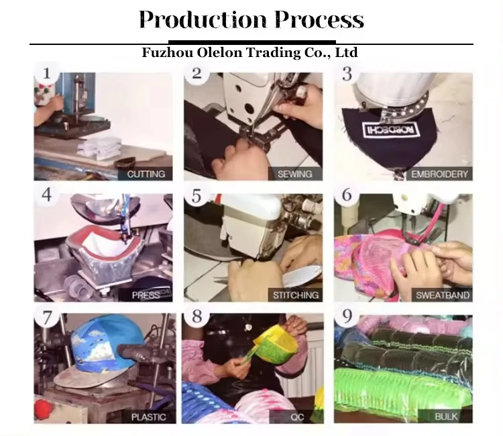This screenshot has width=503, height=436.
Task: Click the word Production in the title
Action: click(203, 19)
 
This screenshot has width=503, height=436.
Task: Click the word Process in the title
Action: click(319, 19)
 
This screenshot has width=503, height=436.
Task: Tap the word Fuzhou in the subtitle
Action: click(167, 52)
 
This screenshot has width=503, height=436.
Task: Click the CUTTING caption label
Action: click(146, 174)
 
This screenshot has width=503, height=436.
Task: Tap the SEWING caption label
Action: click(295, 174)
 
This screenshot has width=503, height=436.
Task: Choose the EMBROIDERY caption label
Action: click(439, 174)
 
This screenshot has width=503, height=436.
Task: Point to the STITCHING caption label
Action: click(295, 295)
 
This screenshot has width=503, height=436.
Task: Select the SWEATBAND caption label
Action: click(442, 295)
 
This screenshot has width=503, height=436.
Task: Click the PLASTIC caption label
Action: click(148, 417)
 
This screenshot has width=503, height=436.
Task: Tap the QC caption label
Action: click(296, 417)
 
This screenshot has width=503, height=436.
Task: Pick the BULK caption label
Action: click(445, 417)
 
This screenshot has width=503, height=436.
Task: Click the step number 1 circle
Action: click(47, 74)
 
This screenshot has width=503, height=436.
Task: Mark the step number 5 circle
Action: click(197, 195)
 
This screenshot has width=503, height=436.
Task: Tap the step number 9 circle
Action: click(347, 316)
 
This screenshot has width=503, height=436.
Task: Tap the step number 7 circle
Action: click(47, 317)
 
